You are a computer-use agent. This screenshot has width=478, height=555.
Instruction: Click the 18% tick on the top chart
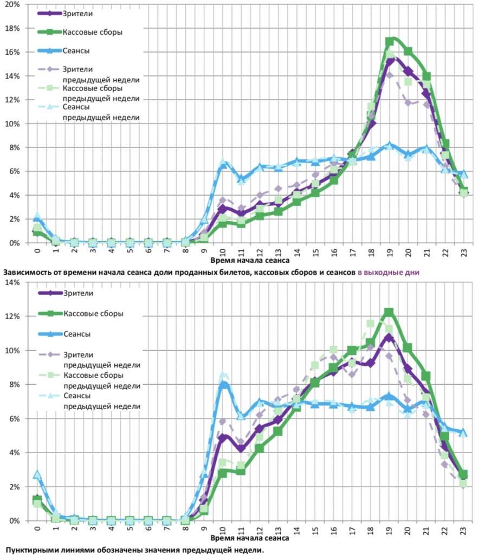[12, 28]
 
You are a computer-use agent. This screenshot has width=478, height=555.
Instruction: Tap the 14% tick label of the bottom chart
[12, 282]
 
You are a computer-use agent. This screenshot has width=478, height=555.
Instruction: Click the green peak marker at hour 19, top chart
[389, 41]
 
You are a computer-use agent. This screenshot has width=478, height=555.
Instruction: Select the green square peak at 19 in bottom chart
[389, 312]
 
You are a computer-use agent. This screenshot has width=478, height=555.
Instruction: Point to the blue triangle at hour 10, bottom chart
[222, 384]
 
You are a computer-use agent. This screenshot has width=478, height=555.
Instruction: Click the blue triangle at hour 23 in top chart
[463, 173]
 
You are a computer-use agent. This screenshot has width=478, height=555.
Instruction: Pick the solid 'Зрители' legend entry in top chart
[78, 13]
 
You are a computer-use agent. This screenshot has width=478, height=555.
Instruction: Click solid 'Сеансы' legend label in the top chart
[76, 51]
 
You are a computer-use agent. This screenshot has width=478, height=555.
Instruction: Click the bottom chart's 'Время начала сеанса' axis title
[250, 539]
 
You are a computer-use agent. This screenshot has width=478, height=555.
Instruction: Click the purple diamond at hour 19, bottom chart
[389, 337]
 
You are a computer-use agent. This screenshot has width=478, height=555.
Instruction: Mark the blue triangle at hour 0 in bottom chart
[37, 474]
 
